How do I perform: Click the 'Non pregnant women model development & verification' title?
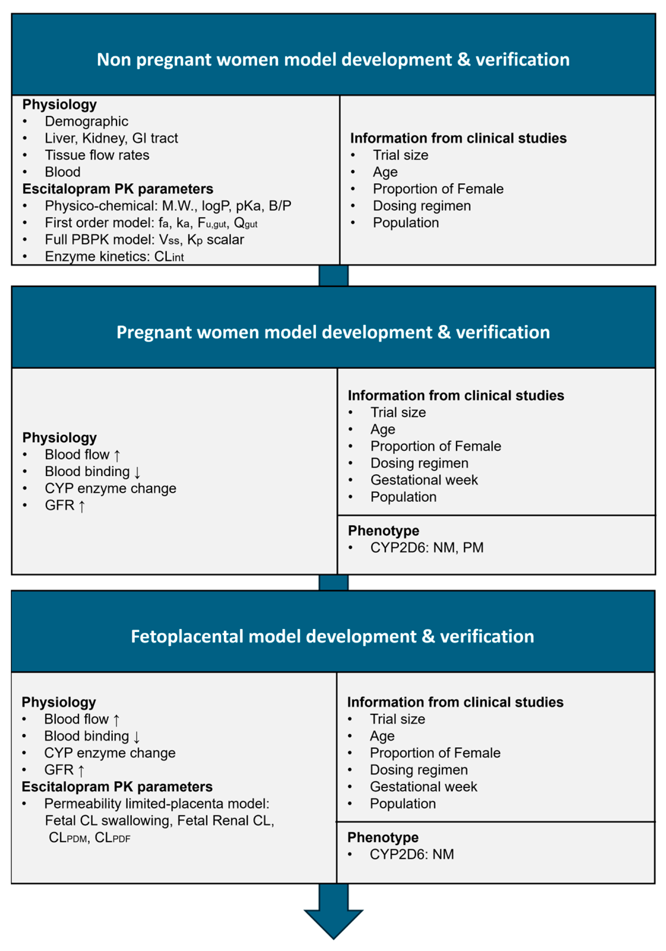(333, 60)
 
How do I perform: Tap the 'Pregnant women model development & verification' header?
(333, 332)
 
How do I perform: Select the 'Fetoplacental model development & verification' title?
(332, 637)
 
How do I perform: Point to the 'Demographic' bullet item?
(86, 121)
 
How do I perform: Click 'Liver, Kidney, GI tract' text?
(111, 138)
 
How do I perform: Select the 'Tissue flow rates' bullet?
(97, 155)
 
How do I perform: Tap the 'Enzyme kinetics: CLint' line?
(114, 257)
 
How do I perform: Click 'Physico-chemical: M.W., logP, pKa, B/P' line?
(168, 206)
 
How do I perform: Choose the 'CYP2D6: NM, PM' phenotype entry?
(427, 548)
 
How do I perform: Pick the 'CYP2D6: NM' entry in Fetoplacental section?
(411, 855)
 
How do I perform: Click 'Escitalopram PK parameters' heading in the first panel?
(118, 189)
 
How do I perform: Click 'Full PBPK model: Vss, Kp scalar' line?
(144, 240)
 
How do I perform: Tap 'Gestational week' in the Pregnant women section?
(424, 480)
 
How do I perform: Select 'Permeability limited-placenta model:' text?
(156, 804)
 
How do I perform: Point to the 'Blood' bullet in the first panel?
(63, 172)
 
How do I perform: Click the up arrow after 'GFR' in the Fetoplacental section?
(81, 770)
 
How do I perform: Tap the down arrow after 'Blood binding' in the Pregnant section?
(137, 472)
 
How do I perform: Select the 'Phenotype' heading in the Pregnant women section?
(383, 531)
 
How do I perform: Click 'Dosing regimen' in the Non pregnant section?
(421, 206)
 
